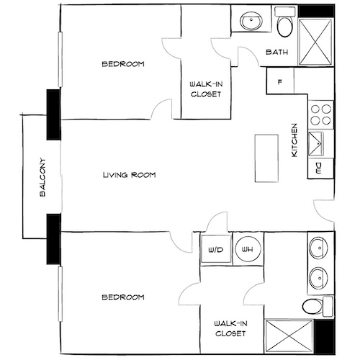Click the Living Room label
pyautogui.click(x=129, y=175)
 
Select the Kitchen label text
pyautogui.click(x=294, y=141)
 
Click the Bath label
pyautogui.click(x=277, y=53)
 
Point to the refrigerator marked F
pyautogui.click(x=279, y=80)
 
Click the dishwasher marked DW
pyautogui.click(x=319, y=168)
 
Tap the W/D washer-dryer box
pyautogui.click(x=215, y=250)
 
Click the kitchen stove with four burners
pyautogui.click(x=321, y=114)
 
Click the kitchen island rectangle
pyautogui.click(x=266, y=158)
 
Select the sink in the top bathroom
pyautogui.click(x=251, y=20)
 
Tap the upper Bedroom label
pyautogui.click(x=122, y=65)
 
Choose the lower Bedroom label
pyautogui.click(x=122, y=297)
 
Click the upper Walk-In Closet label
pyautogui.click(x=205, y=88)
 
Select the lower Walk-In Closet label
pyautogui.click(x=230, y=329)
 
